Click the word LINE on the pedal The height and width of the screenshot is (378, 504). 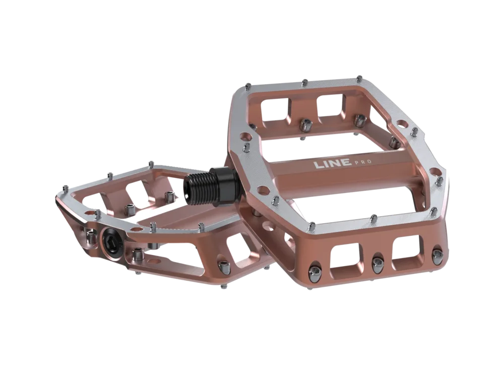(332, 164)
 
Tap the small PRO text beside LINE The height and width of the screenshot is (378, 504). (363, 162)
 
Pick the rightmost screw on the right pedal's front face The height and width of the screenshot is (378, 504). (437, 254)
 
